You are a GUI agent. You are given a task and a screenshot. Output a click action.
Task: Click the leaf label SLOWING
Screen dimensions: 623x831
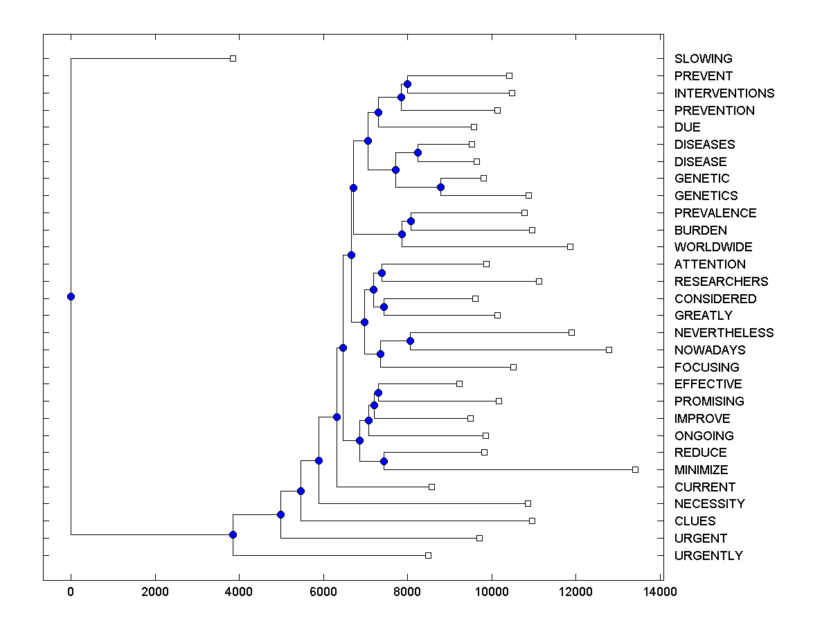(x=703, y=59)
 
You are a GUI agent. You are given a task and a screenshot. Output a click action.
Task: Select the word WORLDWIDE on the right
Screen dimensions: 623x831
(x=713, y=247)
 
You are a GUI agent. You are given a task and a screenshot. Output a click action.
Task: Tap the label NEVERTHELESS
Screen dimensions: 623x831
(x=724, y=333)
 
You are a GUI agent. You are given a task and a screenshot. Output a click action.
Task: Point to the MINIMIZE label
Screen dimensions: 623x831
(x=701, y=470)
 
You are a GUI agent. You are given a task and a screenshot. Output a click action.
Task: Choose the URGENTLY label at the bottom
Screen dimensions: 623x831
(x=708, y=556)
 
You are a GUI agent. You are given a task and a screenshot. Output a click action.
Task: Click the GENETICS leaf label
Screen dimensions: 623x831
(x=706, y=196)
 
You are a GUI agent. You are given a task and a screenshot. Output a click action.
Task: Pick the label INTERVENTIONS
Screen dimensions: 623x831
(x=724, y=93)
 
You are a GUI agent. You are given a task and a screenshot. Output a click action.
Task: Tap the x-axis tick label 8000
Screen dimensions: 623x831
(x=407, y=591)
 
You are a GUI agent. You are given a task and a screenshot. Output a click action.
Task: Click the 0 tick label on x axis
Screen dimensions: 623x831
(x=71, y=591)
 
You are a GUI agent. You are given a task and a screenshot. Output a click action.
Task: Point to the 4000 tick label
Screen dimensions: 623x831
(x=239, y=591)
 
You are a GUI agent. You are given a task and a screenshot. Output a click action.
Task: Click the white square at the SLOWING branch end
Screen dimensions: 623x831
(x=233, y=58)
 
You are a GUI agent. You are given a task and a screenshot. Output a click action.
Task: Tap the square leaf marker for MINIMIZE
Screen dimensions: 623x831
(x=635, y=469)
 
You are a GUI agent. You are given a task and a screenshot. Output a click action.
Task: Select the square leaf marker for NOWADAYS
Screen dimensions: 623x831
(x=609, y=350)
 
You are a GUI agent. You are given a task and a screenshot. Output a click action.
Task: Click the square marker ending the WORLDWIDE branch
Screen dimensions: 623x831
(x=570, y=246)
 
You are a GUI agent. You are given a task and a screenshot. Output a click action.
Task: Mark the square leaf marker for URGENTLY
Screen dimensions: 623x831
(x=428, y=555)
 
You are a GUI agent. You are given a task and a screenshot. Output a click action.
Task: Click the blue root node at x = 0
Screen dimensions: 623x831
(x=71, y=296)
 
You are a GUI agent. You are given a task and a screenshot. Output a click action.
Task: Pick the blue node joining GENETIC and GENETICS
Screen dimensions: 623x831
(x=440, y=187)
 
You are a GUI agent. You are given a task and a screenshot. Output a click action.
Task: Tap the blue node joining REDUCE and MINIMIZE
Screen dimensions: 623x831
(x=384, y=461)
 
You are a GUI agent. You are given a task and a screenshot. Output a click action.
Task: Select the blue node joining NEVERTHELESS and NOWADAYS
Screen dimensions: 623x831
(x=410, y=341)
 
